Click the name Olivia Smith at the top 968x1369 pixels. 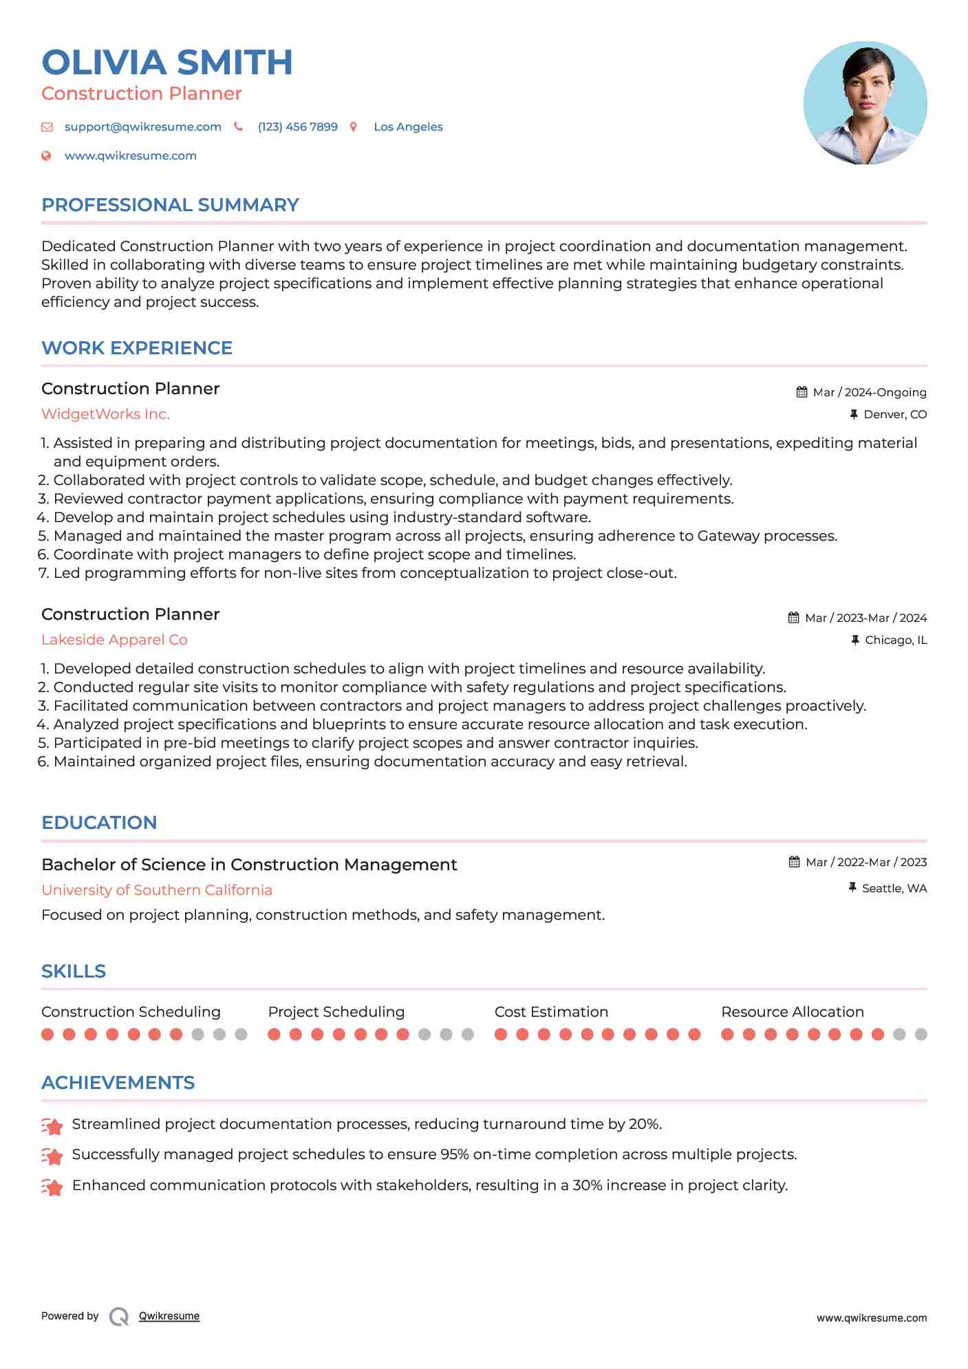[x=167, y=63]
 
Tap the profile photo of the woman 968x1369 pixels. [x=865, y=103]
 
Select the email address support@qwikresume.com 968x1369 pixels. [x=142, y=127]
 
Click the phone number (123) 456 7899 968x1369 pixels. [x=297, y=127]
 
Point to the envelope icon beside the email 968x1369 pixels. [x=47, y=127]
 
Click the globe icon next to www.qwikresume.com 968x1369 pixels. [x=46, y=156]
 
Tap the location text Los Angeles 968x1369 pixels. [x=408, y=127]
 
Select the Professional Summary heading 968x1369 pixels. [x=170, y=205]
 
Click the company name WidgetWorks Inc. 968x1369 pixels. [x=105, y=414]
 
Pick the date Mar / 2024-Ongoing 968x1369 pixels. [x=869, y=393]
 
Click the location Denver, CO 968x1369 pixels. [x=895, y=415]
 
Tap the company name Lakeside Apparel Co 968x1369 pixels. [x=114, y=640]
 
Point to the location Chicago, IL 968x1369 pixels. [x=896, y=640]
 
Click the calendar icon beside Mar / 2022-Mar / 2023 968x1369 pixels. [x=794, y=862]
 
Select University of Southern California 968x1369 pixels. [x=157, y=890]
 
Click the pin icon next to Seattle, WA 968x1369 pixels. [x=853, y=888]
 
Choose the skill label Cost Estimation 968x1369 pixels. [x=551, y=1012]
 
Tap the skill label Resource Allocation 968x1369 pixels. [x=792, y=1012]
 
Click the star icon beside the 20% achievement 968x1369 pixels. [x=52, y=1126]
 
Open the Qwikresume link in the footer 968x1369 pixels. [x=169, y=1316]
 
